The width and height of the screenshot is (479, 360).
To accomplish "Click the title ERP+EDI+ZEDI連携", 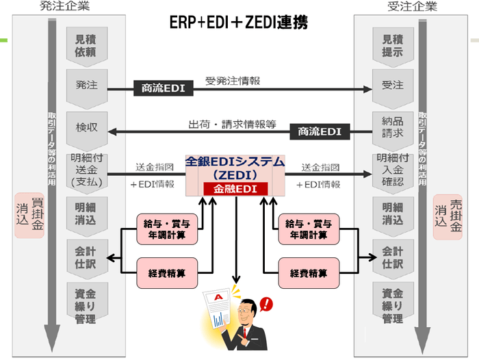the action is [239, 23].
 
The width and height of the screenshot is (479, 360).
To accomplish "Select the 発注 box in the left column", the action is [86, 87].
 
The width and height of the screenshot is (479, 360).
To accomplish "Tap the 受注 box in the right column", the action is [393, 87].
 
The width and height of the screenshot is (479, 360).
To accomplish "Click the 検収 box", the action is [86, 128].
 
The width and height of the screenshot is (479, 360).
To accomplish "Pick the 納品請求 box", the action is [393, 128].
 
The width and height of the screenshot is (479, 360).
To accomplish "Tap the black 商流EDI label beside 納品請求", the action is [319, 131].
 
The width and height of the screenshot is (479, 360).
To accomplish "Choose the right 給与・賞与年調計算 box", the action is [309, 229].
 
